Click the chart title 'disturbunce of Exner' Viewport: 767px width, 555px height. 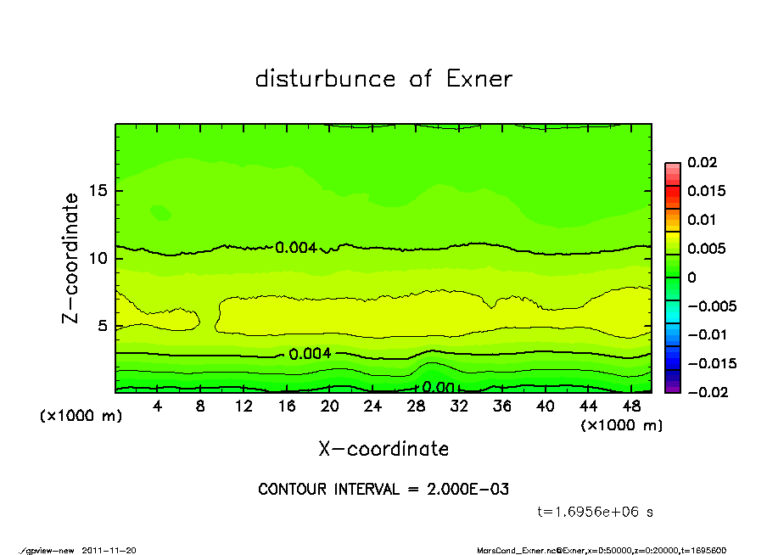point(383,79)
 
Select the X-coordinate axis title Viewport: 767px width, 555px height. point(383,449)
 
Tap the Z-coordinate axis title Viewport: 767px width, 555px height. point(71,257)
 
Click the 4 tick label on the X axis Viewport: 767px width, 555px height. point(158,406)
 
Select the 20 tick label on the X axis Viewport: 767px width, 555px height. point(330,406)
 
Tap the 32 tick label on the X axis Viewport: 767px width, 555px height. point(459,406)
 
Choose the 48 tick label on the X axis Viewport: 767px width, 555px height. point(631,406)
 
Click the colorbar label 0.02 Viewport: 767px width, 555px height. point(702,162)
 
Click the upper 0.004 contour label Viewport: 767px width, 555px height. point(296,248)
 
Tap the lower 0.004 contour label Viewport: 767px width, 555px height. point(310,354)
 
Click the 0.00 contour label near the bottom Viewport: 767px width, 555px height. point(439,387)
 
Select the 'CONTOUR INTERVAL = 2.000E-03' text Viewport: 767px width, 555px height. point(383,489)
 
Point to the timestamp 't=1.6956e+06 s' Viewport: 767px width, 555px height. point(596,512)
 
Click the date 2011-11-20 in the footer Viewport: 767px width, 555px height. point(109,550)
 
